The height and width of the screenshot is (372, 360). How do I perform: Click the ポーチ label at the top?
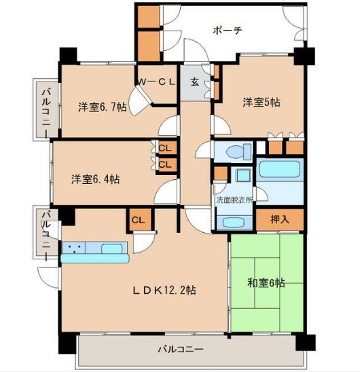pyautogui.click(x=228, y=30)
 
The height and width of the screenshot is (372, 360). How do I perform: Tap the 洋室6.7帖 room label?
pyautogui.click(x=101, y=107)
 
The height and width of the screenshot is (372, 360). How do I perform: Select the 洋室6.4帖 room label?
pyautogui.click(x=96, y=179)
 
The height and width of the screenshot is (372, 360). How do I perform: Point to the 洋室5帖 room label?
pyautogui.click(x=262, y=102)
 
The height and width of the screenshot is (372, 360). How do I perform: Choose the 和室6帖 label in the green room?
pyautogui.click(x=267, y=282)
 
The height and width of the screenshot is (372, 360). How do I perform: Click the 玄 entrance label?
pyautogui.click(x=194, y=82)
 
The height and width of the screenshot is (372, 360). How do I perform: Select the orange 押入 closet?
pyautogui.click(x=279, y=219)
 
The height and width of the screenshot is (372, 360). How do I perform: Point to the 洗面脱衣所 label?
pyautogui.click(x=235, y=202)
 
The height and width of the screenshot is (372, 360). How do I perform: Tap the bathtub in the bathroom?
pyautogui.click(x=280, y=168)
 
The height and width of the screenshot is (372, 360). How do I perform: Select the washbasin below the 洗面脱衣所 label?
pyautogui.click(x=234, y=222)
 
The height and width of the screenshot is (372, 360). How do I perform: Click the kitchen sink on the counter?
pyautogui.click(x=111, y=248)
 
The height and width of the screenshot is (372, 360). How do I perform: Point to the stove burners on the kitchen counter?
pyautogui.click(x=74, y=248)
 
